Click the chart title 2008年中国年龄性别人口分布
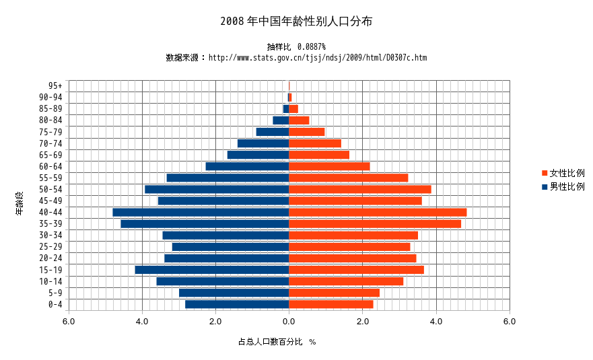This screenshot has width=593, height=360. click(296, 22)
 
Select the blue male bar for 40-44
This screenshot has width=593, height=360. click(201, 212)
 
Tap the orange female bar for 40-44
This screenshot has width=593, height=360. click(378, 212)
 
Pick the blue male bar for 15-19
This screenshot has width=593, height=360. click(212, 270)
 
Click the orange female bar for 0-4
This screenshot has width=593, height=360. click(331, 304)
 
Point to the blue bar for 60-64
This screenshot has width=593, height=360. click(247, 166)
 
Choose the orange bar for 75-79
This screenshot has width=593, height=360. click(307, 132)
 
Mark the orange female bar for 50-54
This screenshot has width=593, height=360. click(360, 189)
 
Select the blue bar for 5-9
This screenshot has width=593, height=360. click(234, 293)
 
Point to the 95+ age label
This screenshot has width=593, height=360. click(55, 86)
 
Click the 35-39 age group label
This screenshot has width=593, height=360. click(50, 224)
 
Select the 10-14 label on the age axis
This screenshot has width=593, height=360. click(50, 281)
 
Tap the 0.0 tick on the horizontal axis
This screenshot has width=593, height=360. click(289, 322)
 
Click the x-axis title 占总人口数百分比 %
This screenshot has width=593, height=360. click(277, 342)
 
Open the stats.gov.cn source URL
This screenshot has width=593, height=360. click(318, 58)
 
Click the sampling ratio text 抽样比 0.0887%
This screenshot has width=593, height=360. click(296, 46)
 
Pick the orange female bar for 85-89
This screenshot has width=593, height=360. click(293, 109)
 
